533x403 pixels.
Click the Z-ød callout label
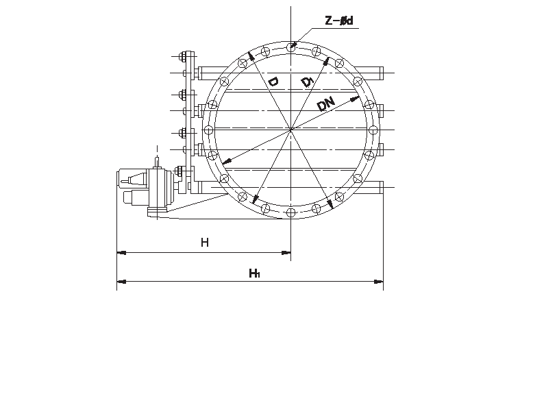click(x=339, y=21)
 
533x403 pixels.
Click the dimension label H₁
click(x=254, y=273)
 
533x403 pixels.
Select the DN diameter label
click(x=326, y=104)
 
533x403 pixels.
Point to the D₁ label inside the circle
click(x=308, y=82)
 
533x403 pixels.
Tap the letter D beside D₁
click(x=273, y=82)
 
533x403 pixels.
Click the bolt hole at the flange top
click(x=290, y=47)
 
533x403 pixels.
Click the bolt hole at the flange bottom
click(x=290, y=213)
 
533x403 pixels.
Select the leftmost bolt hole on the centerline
click(x=209, y=130)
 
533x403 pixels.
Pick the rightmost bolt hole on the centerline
click(x=373, y=130)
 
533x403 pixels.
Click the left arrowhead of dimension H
click(x=121, y=253)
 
